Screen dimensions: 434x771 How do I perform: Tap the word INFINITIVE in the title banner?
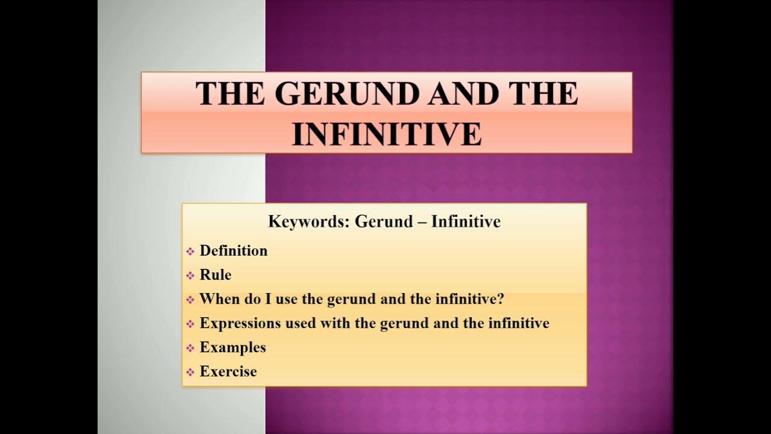click(x=387, y=134)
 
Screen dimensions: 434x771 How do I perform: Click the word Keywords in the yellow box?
click(x=308, y=222)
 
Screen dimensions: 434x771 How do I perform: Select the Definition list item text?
click(x=234, y=251)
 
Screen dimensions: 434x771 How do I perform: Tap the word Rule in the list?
click(x=216, y=275)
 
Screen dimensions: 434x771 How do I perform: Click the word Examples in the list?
click(x=233, y=348)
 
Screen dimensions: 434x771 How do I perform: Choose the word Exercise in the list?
click(x=228, y=371)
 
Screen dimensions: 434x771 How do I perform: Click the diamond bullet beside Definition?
click(x=190, y=251)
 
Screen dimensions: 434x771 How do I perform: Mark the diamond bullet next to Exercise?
click(x=190, y=372)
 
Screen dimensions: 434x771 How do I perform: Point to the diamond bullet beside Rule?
click(x=190, y=275)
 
